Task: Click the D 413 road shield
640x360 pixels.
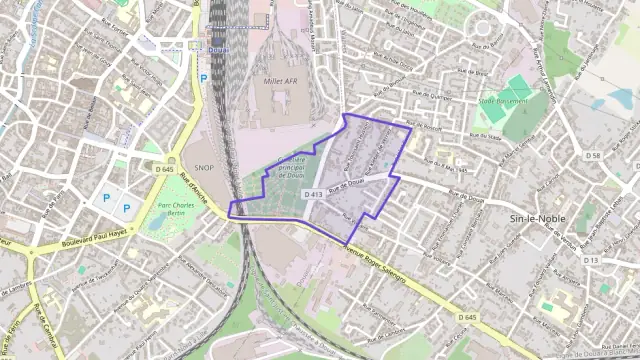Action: pyautogui.click(x=311, y=194)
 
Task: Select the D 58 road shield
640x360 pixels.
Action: pyautogui.click(x=593, y=156)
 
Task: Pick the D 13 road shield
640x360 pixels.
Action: pyautogui.click(x=590, y=260)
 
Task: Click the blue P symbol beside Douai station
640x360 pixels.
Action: pyautogui.click(x=204, y=76)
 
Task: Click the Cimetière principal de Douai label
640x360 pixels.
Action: pyautogui.click(x=291, y=166)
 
